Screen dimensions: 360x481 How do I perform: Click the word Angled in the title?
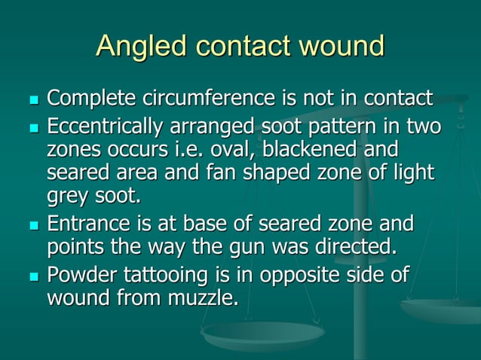click(142, 47)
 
